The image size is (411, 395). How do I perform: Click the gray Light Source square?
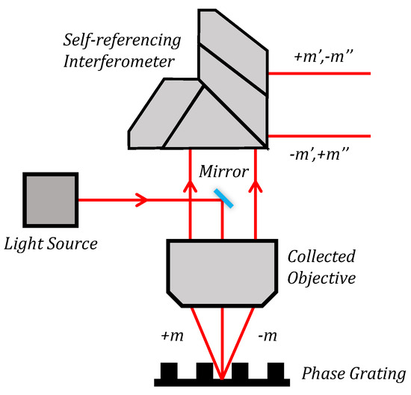[x=50, y=200]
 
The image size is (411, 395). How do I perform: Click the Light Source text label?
[x=50, y=244]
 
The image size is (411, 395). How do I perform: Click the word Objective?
[x=323, y=279]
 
